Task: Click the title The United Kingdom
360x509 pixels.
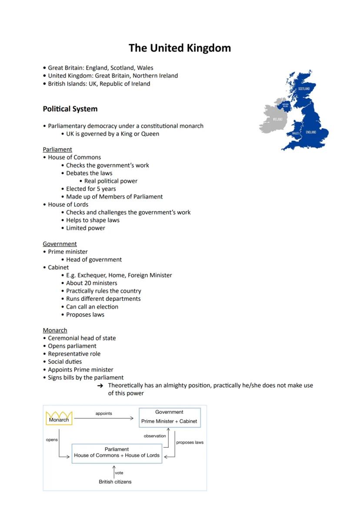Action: pyautogui.click(x=180, y=48)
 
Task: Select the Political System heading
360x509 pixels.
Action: pyautogui.click(x=70, y=109)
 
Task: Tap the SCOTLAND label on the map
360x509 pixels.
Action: pyautogui.click(x=304, y=89)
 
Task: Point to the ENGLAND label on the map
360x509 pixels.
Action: pyautogui.click(x=311, y=132)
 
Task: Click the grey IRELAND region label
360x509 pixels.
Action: pyautogui.click(x=278, y=119)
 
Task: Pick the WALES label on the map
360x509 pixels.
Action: pyautogui.click(x=296, y=133)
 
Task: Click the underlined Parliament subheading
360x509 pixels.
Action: pyautogui.click(x=57, y=149)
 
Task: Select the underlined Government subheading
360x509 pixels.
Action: pyautogui.click(x=60, y=244)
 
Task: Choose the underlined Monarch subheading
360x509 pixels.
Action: pyautogui.click(x=55, y=330)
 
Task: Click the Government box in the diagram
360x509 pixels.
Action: pyautogui.click(x=169, y=417)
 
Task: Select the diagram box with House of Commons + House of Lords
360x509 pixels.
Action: pyautogui.click(x=117, y=453)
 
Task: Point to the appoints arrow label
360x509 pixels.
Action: pyautogui.click(x=103, y=413)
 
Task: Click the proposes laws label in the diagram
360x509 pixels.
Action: pyautogui.click(x=190, y=442)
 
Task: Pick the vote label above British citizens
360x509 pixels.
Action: pyautogui.click(x=119, y=473)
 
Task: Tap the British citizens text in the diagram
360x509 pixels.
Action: pyautogui.click(x=115, y=482)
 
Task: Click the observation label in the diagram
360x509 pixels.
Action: pyautogui.click(x=155, y=436)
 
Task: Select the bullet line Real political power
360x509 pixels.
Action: pyautogui.click(x=110, y=181)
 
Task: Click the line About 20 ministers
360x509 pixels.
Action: pyautogui.click(x=91, y=283)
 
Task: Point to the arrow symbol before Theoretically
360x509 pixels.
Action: pyautogui.click(x=100, y=386)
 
